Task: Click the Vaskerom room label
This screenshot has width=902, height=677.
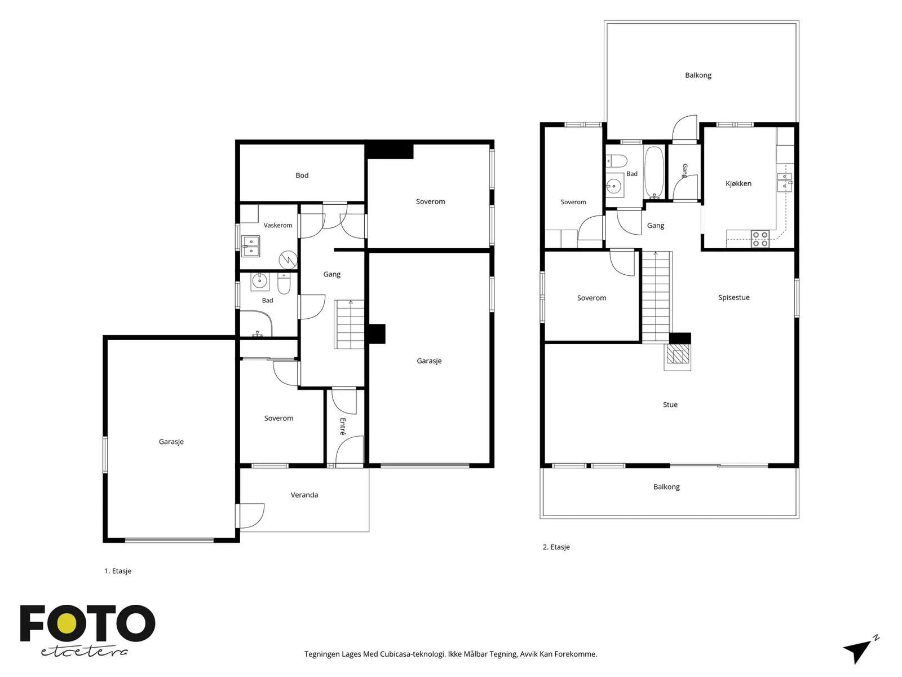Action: tap(278, 225)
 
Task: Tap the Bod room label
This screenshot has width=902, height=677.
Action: tap(302, 175)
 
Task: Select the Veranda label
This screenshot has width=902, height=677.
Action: tap(304, 495)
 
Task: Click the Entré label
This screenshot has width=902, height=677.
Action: tap(343, 427)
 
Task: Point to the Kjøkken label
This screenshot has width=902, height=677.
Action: tap(739, 184)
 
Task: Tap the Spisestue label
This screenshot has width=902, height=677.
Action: tap(734, 298)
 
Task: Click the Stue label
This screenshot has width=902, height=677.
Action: tap(670, 405)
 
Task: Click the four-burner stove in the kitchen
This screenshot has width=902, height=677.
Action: tap(760, 239)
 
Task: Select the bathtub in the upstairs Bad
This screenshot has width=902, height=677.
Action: tap(654, 173)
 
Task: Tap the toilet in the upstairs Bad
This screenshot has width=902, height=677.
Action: tap(616, 161)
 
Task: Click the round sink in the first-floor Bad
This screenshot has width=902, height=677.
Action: tap(260, 282)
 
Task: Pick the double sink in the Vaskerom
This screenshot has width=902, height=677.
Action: tap(250, 246)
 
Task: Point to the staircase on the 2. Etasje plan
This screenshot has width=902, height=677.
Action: tap(656, 297)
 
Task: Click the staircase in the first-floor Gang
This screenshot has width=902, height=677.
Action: tap(350, 325)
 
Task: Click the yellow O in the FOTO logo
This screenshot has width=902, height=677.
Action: tap(67, 623)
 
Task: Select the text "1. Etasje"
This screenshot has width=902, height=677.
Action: tap(118, 571)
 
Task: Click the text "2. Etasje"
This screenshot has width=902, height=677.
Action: tap(556, 547)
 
